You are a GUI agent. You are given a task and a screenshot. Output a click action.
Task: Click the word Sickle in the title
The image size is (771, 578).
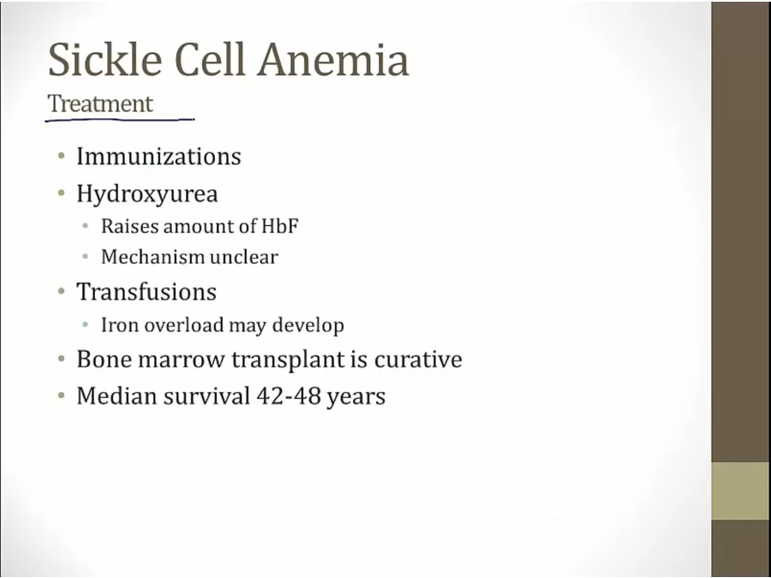tap(105, 59)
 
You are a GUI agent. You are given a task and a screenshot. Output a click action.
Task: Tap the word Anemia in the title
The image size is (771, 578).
tap(333, 59)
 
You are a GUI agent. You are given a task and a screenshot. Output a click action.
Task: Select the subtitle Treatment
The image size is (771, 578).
tap(100, 104)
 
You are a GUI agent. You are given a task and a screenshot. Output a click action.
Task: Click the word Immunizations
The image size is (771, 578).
tap(158, 157)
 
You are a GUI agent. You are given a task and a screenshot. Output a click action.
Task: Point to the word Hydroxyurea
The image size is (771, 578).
tap(147, 194)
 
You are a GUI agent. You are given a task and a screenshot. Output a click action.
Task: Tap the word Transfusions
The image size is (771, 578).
tap(146, 291)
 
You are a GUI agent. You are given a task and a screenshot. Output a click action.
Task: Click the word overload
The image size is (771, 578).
tap(184, 325)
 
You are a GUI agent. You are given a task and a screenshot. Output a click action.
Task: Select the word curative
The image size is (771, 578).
tap(418, 359)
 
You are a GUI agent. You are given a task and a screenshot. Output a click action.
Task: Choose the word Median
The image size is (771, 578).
tap(117, 396)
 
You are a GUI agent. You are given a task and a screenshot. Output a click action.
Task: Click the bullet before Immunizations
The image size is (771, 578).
tap(62, 157)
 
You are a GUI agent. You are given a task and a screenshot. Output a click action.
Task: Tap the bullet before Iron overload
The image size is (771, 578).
tap(86, 325)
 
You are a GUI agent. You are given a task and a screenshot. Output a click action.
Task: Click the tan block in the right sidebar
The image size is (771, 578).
tap(741, 491)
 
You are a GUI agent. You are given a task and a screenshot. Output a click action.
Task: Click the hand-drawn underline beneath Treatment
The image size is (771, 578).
tap(120, 119)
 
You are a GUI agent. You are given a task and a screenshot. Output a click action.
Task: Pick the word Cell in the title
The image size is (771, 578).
tap(210, 59)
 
